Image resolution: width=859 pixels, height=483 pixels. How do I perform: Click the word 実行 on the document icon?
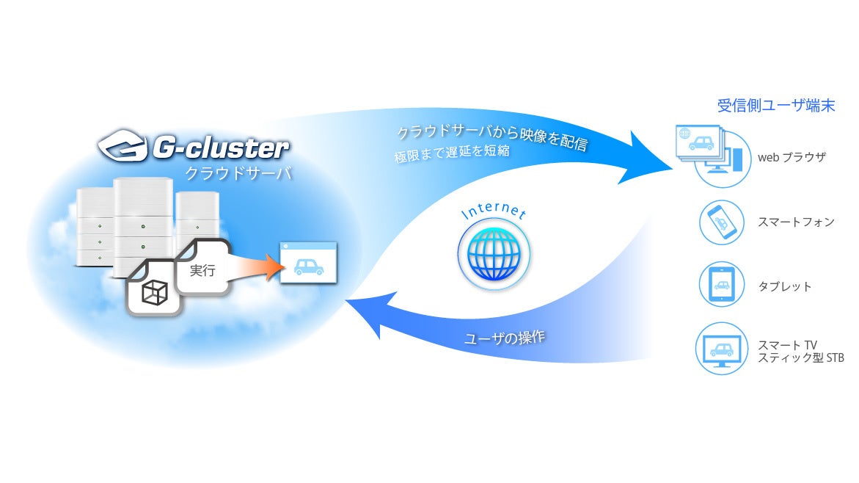pyautogui.click(x=202, y=270)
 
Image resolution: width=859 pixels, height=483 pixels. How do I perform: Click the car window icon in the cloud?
pyautogui.click(x=308, y=262)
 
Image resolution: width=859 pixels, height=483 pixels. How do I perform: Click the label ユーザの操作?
pyautogui.click(x=506, y=339)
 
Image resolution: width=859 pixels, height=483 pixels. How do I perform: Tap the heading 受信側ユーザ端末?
pyautogui.click(x=775, y=106)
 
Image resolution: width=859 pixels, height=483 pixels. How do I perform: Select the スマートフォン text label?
pyautogui.click(x=795, y=221)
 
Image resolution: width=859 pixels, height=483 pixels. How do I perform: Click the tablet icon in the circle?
pyautogui.click(x=722, y=286)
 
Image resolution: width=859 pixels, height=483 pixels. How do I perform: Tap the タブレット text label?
pyautogui.click(x=785, y=286)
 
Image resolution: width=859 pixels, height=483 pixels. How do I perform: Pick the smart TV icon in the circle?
pyautogui.click(x=722, y=350)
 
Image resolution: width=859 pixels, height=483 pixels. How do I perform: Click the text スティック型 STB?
pyautogui.click(x=802, y=357)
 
